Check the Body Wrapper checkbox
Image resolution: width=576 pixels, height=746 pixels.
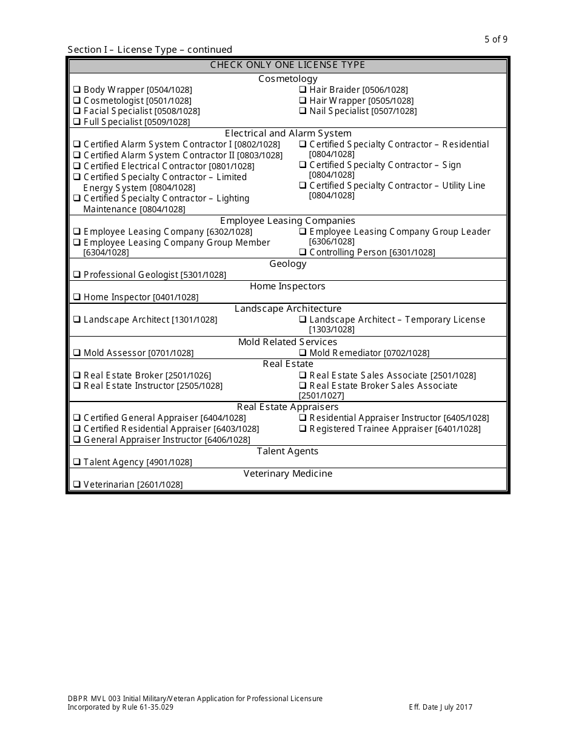tap(77, 90)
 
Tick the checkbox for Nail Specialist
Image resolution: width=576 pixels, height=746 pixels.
tap(303, 111)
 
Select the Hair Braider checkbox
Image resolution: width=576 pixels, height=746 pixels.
tap(303, 90)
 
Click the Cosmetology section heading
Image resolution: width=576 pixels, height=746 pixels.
tap(288, 79)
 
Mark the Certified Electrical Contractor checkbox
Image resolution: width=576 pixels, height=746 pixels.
tap(77, 166)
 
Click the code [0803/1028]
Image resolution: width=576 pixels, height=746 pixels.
tap(260, 155)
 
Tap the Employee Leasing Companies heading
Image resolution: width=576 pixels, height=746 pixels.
tap(288, 221)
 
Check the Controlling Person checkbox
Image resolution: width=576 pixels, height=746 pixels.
tap(303, 252)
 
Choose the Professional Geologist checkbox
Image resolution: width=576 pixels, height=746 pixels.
tap(77, 275)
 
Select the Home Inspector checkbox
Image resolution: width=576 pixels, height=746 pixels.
tap(77, 297)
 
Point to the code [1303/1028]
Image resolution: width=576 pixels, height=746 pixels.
tap(332, 329)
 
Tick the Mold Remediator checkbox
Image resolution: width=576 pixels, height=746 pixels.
tap(303, 353)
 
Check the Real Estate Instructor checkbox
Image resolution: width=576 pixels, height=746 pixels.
tap(77, 386)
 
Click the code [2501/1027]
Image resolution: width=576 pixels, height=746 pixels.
tap(321, 395)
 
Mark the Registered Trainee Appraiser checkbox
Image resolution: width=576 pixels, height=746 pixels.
tap(303, 429)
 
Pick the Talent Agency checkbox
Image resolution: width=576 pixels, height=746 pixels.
tap(77, 462)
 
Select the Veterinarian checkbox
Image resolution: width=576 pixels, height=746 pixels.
tap(77, 485)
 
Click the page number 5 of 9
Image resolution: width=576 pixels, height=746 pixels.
tap(496, 39)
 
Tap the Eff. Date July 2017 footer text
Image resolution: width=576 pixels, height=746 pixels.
tap(441, 707)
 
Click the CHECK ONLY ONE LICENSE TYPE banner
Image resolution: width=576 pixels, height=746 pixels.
tap(288, 65)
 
